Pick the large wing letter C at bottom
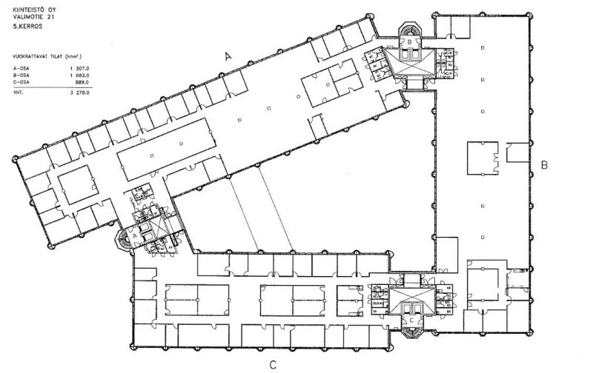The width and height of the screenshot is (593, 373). (x=273, y=363)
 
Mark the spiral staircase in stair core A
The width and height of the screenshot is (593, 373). (x=125, y=239)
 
